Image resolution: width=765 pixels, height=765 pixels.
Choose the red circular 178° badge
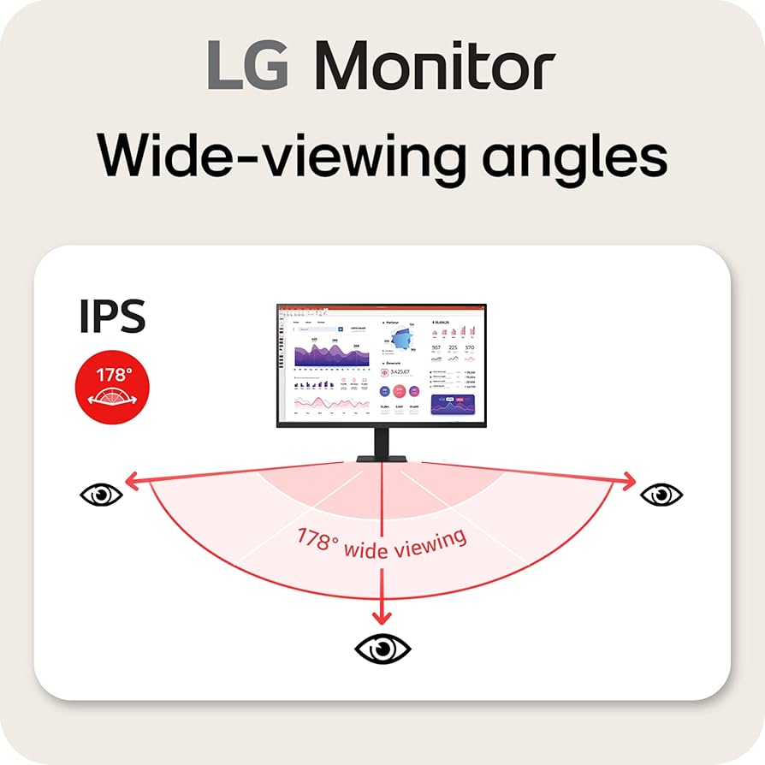[112, 388]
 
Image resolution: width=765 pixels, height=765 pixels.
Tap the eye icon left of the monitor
[101, 495]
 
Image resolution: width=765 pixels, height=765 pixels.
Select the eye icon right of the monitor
[661, 495]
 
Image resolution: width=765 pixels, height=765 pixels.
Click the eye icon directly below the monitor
[382, 648]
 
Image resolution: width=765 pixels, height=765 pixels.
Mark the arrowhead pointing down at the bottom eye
[382, 618]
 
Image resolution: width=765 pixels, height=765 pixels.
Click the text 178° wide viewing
[382, 543]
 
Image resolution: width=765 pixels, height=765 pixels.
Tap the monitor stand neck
[382, 442]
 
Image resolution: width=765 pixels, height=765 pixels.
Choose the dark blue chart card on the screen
[454, 403]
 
